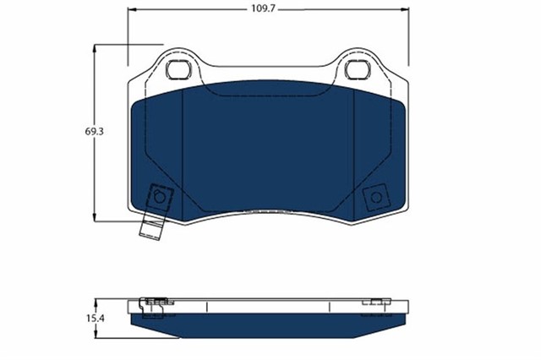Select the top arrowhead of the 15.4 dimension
(x=95, y=301)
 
